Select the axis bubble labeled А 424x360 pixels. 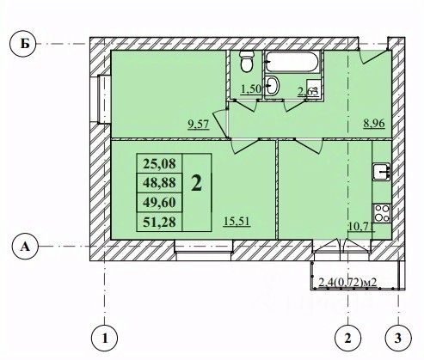pos(25,247)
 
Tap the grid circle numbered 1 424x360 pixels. pos(105,339)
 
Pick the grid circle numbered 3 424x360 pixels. pos(398,339)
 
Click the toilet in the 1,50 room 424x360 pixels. pos(246,61)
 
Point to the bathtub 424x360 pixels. pos(292,61)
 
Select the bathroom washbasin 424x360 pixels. pos(272,85)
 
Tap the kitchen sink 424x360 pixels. pos(382,172)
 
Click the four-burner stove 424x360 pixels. pos(382,213)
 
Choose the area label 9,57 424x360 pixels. pos(199,125)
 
